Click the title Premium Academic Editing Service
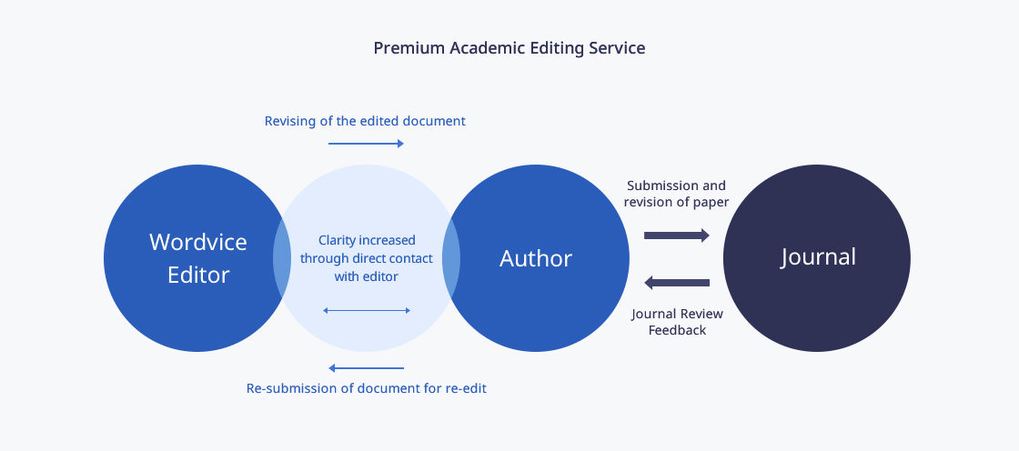[x=509, y=48]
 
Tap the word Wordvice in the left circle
[x=198, y=242]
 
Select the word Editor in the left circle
[x=198, y=275]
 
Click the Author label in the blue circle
[x=536, y=258]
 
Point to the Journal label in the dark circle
[x=818, y=256]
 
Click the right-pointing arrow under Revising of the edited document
[x=366, y=143]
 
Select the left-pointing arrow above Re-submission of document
[x=366, y=368]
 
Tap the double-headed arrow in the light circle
[x=367, y=311]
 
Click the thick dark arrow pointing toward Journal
[x=677, y=236]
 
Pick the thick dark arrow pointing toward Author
[x=677, y=283]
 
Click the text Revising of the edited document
[x=365, y=121]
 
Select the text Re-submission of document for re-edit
[x=366, y=388]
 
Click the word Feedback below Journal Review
[x=677, y=330]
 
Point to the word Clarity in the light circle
[x=337, y=240]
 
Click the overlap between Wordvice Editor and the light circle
[x=282, y=258]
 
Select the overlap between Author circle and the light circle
[x=451, y=258]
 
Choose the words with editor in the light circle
[x=366, y=276]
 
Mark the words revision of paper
[x=676, y=202]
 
